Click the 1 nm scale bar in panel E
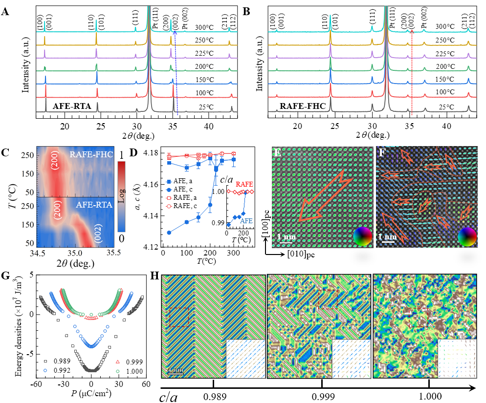(x=286, y=237)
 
